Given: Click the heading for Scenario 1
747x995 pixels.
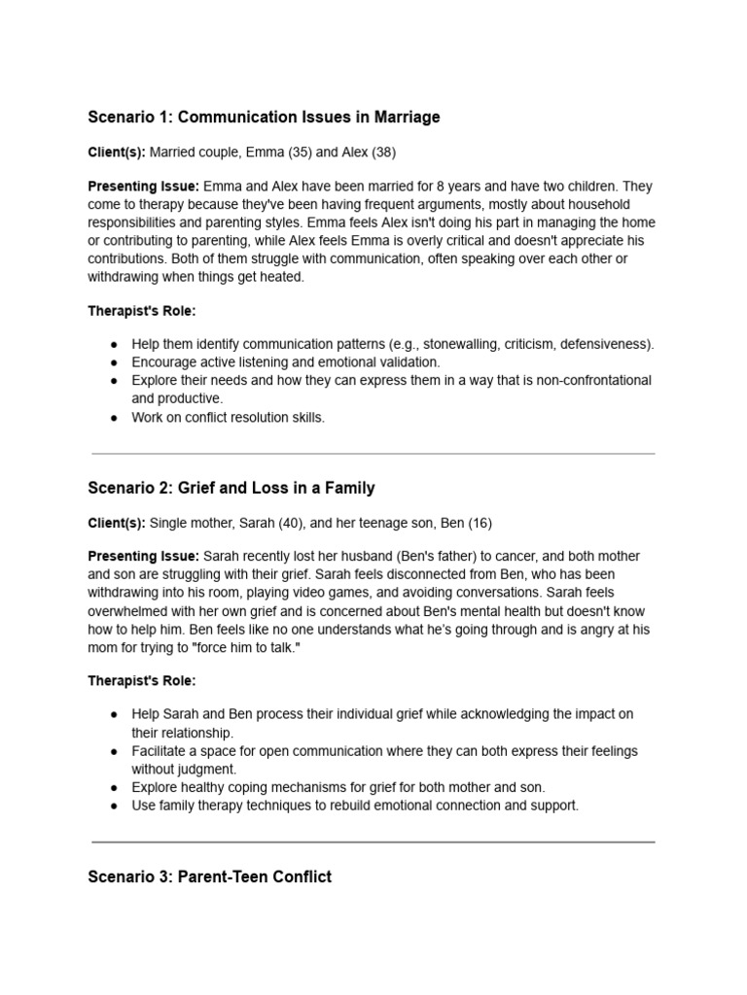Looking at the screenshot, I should (x=264, y=118).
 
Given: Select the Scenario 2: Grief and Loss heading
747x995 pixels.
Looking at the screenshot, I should (x=231, y=488).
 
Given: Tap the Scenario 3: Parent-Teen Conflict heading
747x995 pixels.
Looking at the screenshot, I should (x=209, y=876).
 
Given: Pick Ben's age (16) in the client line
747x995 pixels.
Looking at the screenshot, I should (x=480, y=523).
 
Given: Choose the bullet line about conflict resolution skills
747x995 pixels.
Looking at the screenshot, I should (x=229, y=417).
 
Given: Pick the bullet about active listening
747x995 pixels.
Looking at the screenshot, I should (x=285, y=362).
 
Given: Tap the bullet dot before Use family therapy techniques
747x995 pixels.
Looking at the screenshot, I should (x=114, y=806).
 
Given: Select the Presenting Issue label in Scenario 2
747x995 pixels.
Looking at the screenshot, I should (x=143, y=556).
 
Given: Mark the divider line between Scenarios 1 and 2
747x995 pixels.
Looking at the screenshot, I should (x=373, y=453).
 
